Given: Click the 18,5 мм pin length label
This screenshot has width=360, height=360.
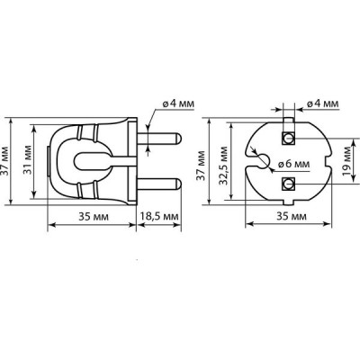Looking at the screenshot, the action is [159, 216].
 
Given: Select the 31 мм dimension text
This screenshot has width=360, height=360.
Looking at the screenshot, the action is [28, 160].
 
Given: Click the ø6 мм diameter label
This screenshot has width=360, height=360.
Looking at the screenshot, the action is [294, 165].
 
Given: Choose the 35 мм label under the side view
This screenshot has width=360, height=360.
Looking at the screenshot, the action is [94, 216].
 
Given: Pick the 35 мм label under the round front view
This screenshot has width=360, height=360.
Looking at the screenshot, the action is [292, 216].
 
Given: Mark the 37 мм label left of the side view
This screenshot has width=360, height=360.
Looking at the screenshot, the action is [4, 162].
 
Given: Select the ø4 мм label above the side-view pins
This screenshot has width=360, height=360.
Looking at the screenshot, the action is [178, 104].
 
